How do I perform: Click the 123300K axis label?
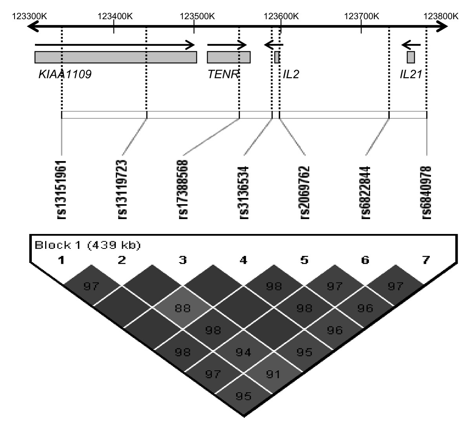[30, 16]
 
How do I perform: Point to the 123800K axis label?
[441, 16]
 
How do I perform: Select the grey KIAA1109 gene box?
[116, 57]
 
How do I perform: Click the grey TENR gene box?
[228, 57]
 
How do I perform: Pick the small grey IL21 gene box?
[411, 57]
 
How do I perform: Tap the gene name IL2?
[291, 74]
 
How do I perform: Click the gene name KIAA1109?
[65, 74]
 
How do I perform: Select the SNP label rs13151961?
[62, 190]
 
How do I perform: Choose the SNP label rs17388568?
[183, 190]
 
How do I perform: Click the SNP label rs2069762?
[305, 190]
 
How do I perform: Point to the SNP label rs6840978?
[427, 190]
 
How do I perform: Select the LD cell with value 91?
[274, 374]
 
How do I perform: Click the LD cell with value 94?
[243, 352]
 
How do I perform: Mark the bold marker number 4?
[243, 259]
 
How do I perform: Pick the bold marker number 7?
[426, 259]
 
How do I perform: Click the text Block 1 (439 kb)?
[88, 246]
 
